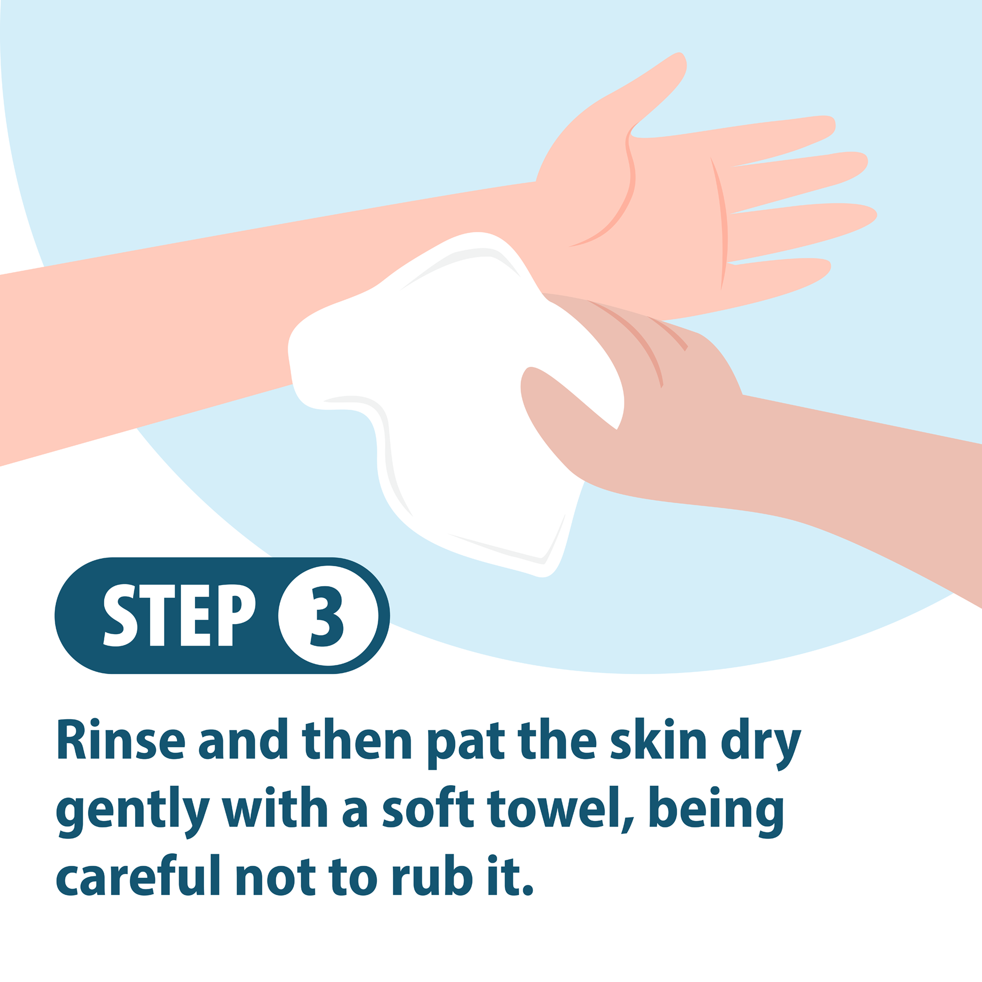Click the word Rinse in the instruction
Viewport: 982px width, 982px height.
click(121, 740)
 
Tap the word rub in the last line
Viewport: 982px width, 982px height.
click(432, 876)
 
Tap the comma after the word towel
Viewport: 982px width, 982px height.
click(628, 823)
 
